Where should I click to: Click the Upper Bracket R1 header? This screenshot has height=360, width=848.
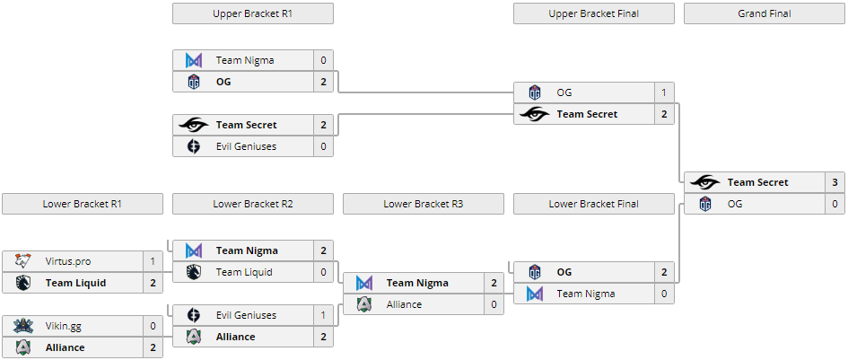pos(252,13)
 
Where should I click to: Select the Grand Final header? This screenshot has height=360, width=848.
pos(764,13)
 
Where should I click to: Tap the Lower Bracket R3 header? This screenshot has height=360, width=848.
pos(423,204)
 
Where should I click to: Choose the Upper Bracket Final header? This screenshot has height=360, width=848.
pos(593,13)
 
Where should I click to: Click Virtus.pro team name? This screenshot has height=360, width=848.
pos(67,261)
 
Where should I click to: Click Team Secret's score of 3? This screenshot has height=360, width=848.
pos(835,182)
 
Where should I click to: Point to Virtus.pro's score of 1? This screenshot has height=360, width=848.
pos(153,261)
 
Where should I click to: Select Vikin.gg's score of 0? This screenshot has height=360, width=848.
pos(153,326)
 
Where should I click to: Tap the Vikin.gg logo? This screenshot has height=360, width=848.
pos(23,326)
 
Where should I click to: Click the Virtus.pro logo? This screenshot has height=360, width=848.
pos(23,261)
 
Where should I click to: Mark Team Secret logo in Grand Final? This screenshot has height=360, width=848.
pos(705,182)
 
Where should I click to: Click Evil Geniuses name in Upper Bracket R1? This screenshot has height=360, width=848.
pos(246,146)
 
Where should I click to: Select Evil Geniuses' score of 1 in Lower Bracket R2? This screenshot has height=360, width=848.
pos(323,315)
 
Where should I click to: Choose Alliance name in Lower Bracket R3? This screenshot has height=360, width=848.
pos(404,304)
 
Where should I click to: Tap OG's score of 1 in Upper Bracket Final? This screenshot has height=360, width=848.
pos(664,92)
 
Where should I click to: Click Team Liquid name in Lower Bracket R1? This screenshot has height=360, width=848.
pos(75,283)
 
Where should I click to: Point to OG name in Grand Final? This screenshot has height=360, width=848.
pos(735,204)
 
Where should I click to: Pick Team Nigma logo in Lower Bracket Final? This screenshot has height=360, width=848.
pos(535,294)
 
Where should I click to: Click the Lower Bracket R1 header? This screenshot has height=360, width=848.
pos(82,204)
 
